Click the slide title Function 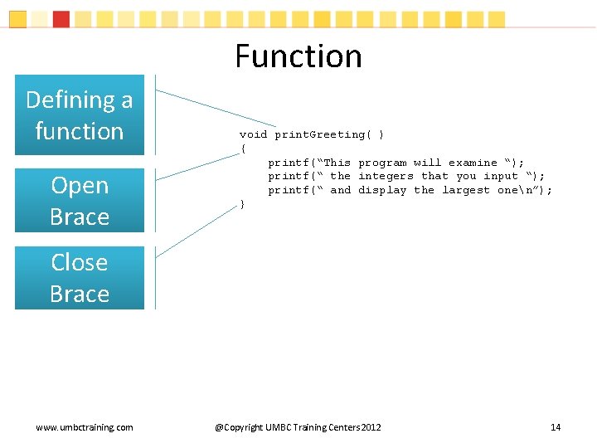pyautogui.click(x=298, y=56)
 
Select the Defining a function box pyautogui.click(x=80, y=115)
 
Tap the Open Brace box pyautogui.click(x=80, y=201)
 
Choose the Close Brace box pyautogui.click(x=80, y=278)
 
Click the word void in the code pyautogui.click(x=253, y=134)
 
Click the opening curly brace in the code pyautogui.click(x=243, y=149)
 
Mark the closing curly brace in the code pyautogui.click(x=241, y=204)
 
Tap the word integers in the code pyautogui.click(x=386, y=176)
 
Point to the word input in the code pyautogui.click(x=501, y=176)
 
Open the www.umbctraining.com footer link pyautogui.click(x=85, y=427)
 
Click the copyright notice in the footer pyautogui.click(x=298, y=427)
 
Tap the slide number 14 pyautogui.click(x=556, y=427)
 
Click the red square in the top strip pyautogui.click(x=61, y=18)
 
